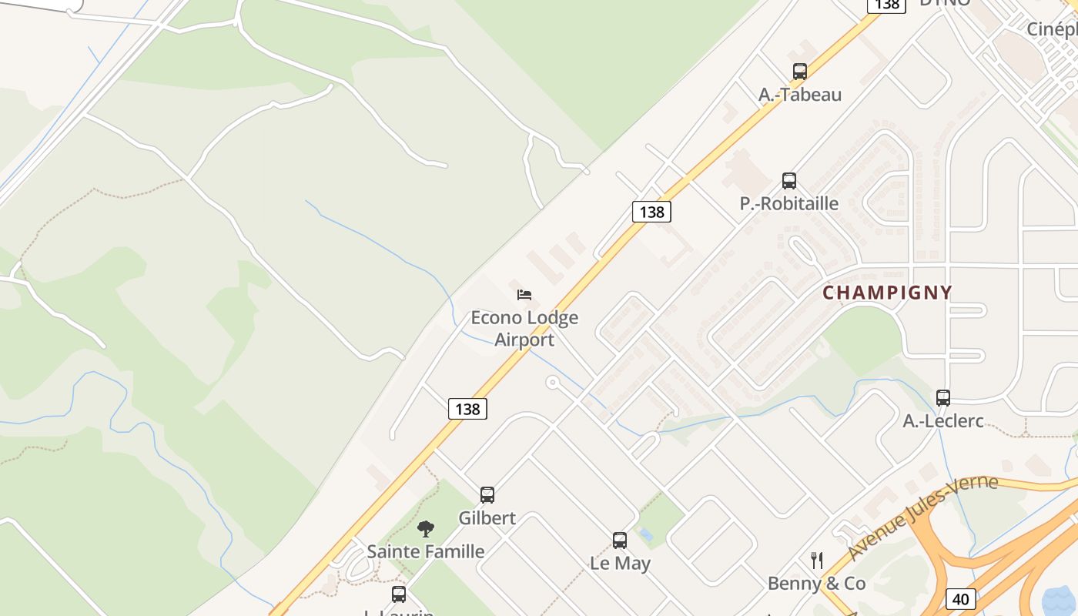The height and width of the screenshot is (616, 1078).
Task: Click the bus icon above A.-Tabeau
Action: coord(800,72)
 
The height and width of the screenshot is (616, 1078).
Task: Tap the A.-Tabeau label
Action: coord(800,95)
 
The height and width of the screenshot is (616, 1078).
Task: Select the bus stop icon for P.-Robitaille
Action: coord(789,181)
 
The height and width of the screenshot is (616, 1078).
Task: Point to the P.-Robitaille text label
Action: coord(789,204)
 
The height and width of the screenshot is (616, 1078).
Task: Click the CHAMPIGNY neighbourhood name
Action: coord(887,293)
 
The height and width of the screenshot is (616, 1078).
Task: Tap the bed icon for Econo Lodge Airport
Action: coord(524,294)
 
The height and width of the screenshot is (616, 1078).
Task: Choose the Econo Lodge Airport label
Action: coord(524,328)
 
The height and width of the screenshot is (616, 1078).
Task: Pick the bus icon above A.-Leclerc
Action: coord(943,398)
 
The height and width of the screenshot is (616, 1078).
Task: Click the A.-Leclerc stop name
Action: coord(943,421)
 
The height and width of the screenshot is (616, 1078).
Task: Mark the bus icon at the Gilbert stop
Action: coord(487,495)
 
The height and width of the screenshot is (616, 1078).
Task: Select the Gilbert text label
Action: coord(487,518)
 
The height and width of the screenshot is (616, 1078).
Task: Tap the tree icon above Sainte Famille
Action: coord(425,529)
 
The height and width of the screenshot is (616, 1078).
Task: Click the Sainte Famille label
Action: coord(426,551)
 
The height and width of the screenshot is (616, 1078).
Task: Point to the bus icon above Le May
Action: coord(620,541)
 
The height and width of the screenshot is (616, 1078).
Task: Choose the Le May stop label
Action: coord(620,564)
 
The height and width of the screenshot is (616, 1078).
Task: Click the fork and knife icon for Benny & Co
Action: coord(817,560)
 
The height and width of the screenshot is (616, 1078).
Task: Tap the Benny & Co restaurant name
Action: coord(817,584)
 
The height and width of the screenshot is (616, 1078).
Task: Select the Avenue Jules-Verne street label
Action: coord(923,517)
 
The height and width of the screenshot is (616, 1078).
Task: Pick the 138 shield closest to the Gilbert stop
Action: coord(467,409)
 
